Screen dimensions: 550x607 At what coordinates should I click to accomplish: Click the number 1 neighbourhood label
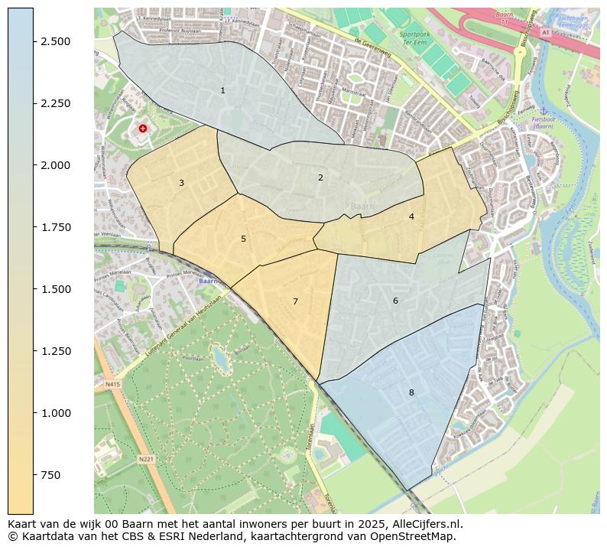click(222, 90)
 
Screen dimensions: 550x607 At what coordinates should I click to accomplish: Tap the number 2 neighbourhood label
click(320, 177)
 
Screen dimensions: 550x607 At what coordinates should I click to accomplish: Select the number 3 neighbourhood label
click(181, 183)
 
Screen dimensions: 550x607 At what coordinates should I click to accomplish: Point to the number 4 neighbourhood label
click(411, 216)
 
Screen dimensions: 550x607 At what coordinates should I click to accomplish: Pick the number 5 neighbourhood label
click(243, 239)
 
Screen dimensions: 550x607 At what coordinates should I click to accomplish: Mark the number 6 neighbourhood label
click(395, 301)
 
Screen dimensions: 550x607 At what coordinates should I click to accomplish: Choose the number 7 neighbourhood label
click(295, 301)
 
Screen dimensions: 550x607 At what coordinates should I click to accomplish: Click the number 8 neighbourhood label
click(411, 392)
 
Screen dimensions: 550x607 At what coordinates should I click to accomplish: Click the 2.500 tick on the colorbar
click(56, 41)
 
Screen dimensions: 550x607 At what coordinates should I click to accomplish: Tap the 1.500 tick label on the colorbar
click(56, 289)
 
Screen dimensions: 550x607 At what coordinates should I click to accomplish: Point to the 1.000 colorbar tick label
click(56, 413)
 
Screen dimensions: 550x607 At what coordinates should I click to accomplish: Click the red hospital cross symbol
click(143, 129)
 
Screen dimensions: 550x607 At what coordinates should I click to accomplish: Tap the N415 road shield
click(113, 384)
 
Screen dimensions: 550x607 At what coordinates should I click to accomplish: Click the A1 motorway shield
click(545, 34)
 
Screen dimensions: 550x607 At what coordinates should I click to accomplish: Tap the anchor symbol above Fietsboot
click(544, 112)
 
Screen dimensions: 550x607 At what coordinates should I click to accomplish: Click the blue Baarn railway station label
click(207, 281)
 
